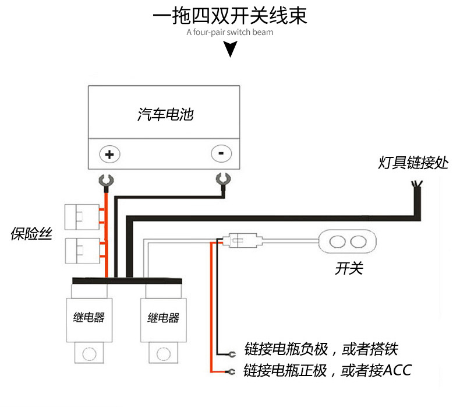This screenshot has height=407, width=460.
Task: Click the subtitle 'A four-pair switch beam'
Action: point(229,32)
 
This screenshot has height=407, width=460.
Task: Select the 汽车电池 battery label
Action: point(165,114)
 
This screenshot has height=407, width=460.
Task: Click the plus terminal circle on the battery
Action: point(109,154)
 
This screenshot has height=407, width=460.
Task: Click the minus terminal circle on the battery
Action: point(221,154)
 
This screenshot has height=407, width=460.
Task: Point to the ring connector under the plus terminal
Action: point(105,181)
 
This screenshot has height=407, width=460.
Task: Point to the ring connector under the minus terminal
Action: point(221,180)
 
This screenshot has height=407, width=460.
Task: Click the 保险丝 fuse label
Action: point(31,234)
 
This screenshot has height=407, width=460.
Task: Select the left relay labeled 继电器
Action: point(90,318)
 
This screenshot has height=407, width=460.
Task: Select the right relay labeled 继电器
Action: point(163,318)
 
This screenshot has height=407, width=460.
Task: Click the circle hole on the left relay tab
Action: point(90,353)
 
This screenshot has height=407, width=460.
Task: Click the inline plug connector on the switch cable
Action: point(240,239)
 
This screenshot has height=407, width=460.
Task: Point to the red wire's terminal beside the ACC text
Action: point(231,371)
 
